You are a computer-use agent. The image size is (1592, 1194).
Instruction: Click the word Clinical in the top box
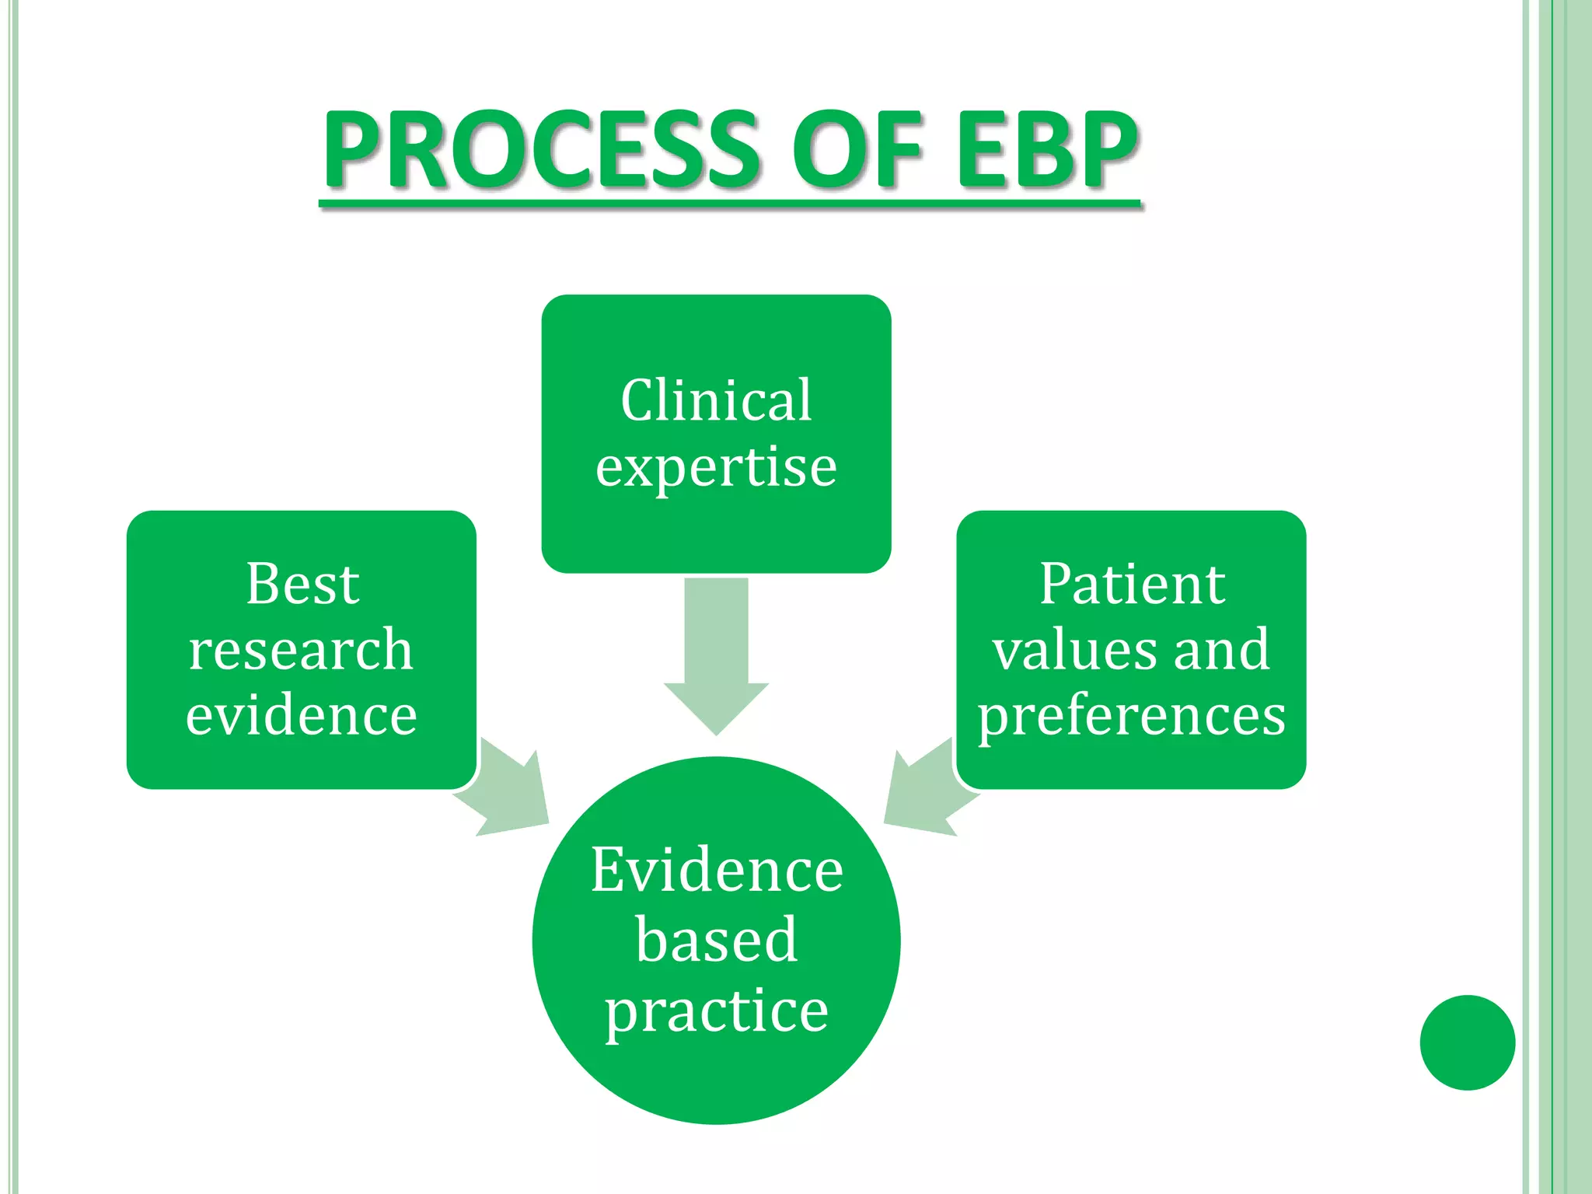pyautogui.click(x=716, y=401)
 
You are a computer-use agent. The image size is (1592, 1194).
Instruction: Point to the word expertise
pyautogui.click(x=716, y=468)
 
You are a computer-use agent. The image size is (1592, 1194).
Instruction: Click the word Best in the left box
pyautogui.click(x=302, y=584)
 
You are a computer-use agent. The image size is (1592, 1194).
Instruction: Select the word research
pyautogui.click(x=301, y=650)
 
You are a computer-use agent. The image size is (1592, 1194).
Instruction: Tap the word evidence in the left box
pyautogui.click(x=301, y=715)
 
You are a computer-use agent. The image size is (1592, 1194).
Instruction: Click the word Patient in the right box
pyautogui.click(x=1132, y=584)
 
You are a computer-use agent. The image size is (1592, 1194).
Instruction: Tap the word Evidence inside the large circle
pyautogui.click(x=716, y=871)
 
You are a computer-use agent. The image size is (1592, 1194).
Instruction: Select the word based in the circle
pyautogui.click(x=716, y=940)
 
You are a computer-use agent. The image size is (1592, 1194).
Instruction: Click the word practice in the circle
pyautogui.click(x=716, y=1011)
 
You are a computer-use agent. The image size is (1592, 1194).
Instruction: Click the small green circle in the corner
pyautogui.click(x=1467, y=1042)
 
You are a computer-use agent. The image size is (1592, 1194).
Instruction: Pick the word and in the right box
pyautogui.click(x=1221, y=650)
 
